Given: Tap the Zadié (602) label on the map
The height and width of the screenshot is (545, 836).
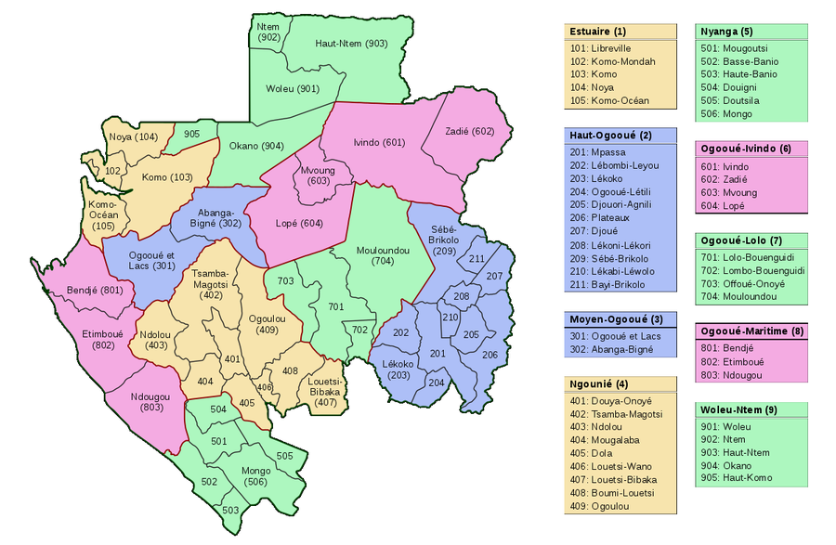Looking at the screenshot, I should [470, 131].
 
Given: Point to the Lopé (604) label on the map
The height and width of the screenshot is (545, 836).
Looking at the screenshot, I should [300, 223].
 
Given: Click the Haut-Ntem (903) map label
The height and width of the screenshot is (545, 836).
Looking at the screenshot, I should [351, 44].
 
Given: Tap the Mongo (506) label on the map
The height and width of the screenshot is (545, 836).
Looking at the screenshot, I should [256, 476].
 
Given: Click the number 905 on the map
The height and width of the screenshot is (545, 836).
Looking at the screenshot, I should [192, 135].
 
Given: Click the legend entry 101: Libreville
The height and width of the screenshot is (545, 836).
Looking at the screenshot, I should [600, 47].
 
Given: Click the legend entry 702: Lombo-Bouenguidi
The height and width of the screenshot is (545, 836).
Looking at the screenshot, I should [751, 270].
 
